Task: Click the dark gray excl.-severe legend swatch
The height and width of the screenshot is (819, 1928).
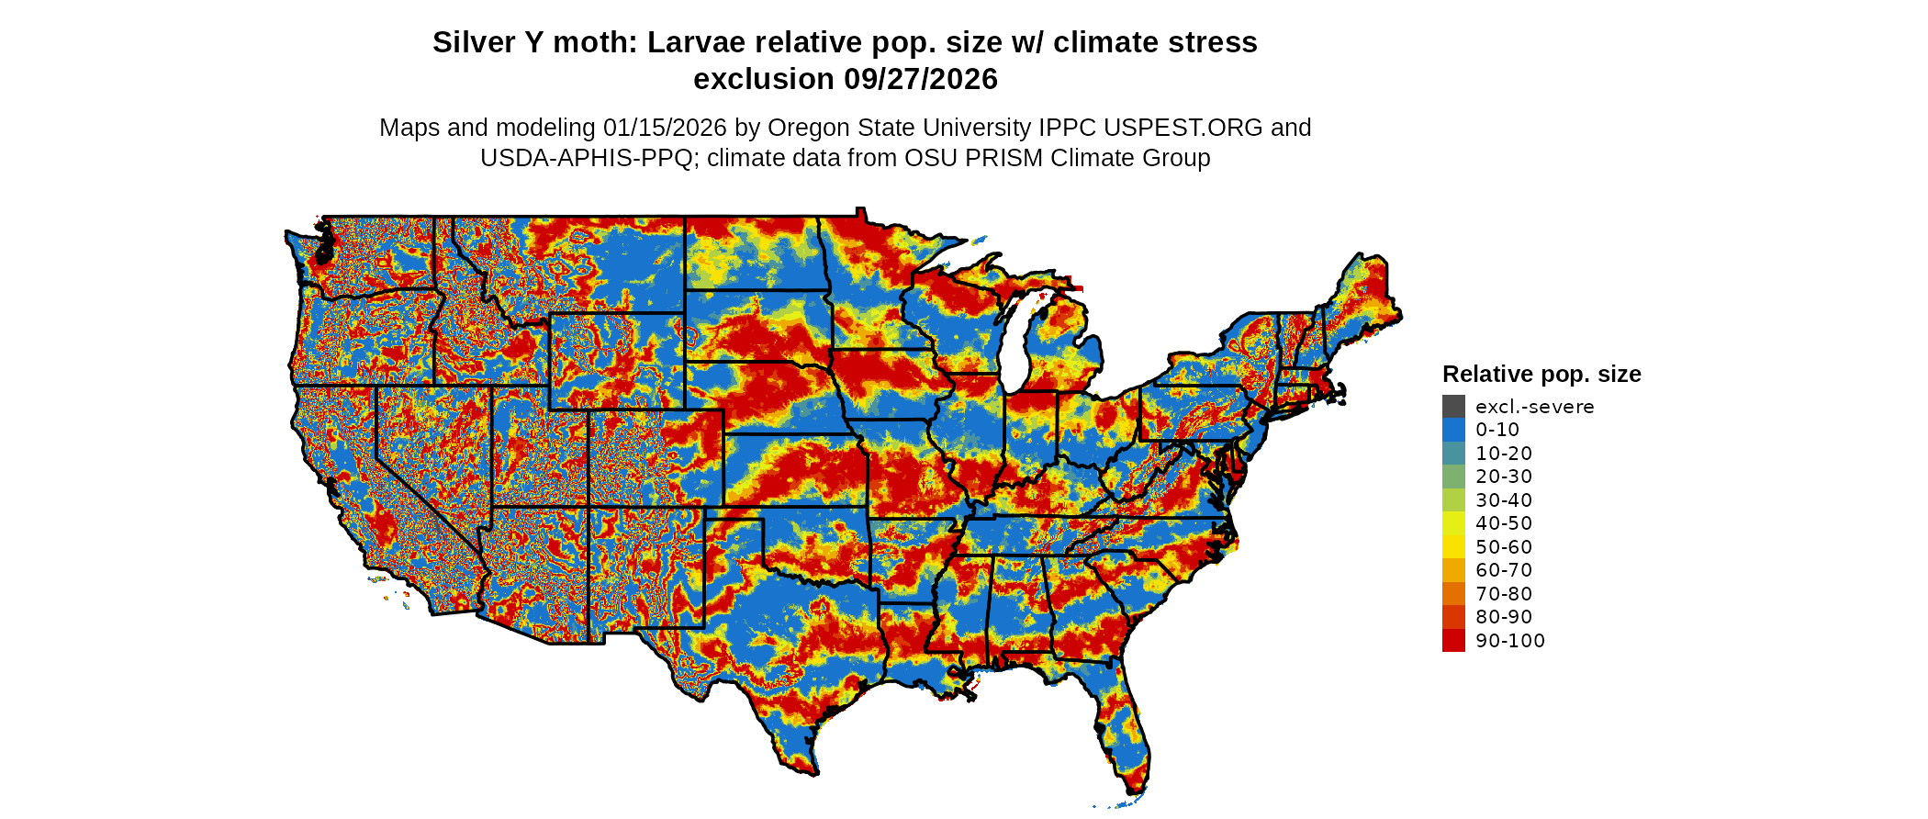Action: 1453,407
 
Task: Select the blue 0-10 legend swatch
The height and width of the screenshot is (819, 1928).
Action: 1453,430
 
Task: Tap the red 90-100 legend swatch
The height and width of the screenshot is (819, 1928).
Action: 1453,641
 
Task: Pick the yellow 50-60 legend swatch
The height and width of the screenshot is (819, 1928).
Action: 1453,547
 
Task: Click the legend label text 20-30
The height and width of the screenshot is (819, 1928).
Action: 1504,477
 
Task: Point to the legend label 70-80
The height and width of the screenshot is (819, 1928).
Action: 1504,594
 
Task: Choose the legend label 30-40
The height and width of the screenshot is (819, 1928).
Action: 1504,500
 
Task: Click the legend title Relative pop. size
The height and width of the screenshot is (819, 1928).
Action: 1541,375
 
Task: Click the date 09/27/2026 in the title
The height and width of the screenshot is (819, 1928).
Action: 921,80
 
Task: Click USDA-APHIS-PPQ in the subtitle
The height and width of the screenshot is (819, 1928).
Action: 586,159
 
